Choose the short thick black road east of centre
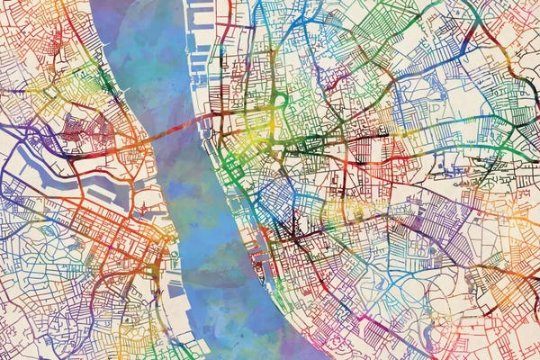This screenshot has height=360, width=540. (x=369, y=134)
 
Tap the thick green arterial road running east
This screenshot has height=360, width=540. (x=450, y=148)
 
